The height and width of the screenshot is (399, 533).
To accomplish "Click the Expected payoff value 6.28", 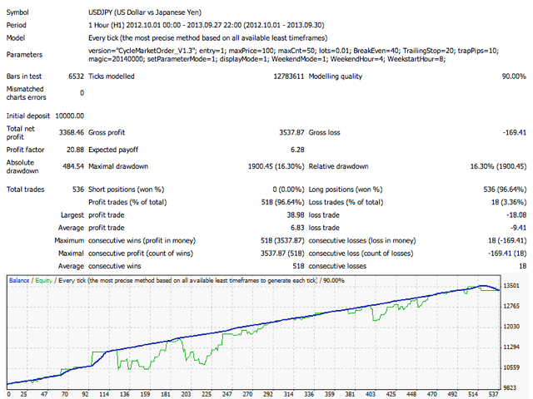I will click(292, 150).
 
